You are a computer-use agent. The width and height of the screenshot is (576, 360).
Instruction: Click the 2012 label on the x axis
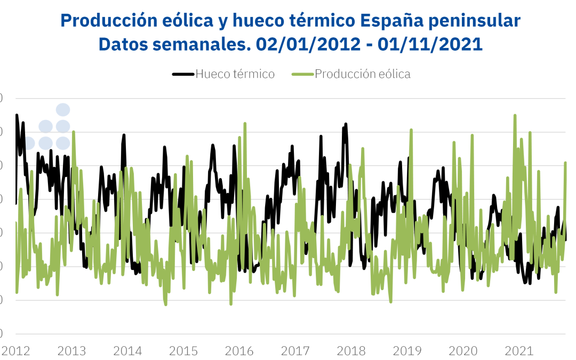[x=15, y=350]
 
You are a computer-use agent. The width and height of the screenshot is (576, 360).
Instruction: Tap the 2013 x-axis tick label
[x=71, y=350]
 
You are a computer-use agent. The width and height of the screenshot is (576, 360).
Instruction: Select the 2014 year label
[x=127, y=350]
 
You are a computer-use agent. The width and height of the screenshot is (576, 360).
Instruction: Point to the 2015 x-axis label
[x=183, y=350]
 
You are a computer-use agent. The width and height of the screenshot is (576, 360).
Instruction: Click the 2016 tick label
[x=239, y=350]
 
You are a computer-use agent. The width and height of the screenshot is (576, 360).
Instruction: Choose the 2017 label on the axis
[x=295, y=350]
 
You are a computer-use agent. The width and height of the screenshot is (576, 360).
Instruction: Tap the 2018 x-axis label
[x=351, y=350]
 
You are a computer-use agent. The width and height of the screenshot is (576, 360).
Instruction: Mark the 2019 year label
[x=407, y=350]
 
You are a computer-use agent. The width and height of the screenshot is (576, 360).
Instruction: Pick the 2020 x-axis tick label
[x=463, y=350]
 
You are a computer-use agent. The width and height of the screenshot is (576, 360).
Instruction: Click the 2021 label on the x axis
[x=519, y=350]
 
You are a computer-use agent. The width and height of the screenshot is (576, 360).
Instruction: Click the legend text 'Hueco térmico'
[x=235, y=74]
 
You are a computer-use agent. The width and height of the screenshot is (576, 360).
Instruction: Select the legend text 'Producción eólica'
[x=363, y=74]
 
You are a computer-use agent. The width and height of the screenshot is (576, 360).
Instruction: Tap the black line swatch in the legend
[x=183, y=74]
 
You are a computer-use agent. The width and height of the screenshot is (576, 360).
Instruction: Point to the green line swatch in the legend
[x=303, y=74]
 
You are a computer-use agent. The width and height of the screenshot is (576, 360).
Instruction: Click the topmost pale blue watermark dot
[x=63, y=110]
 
